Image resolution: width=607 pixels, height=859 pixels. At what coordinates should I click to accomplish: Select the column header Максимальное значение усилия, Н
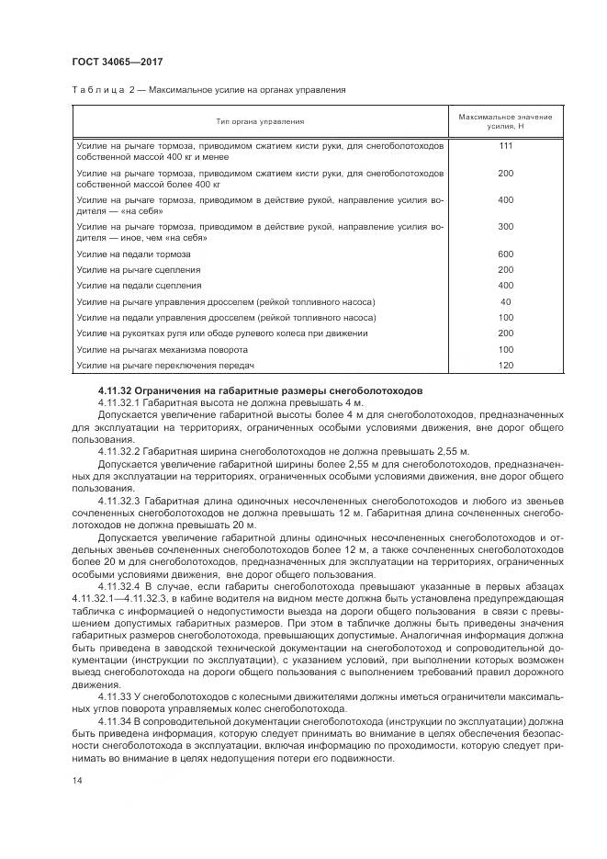point(505,120)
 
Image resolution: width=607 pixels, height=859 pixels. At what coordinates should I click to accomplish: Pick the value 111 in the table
point(505,147)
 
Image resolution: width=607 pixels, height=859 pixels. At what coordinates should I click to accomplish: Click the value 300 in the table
point(505,226)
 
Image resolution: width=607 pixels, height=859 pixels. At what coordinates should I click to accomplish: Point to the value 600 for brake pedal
point(505,254)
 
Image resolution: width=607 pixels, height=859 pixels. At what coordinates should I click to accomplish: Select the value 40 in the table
point(505,301)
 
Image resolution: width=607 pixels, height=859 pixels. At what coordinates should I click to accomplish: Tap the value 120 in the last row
point(505,366)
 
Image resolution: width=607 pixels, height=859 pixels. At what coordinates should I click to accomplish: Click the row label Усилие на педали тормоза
point(134,254)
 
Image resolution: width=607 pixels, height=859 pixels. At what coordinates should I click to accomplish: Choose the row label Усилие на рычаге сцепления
point(139,269)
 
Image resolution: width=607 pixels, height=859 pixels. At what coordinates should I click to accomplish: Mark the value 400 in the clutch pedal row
point(505,286)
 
